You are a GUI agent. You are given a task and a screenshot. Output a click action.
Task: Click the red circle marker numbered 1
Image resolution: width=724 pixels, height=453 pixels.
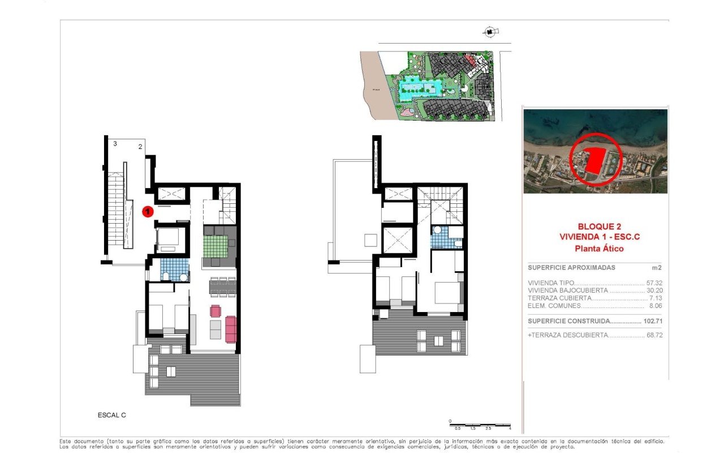[147, 211]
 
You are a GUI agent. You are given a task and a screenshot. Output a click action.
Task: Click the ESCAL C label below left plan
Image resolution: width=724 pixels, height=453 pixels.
[111, 415]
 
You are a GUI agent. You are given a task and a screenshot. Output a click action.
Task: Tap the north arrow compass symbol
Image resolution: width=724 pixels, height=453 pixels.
[488, 32]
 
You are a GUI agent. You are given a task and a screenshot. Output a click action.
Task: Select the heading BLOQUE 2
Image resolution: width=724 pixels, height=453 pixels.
[596, 226]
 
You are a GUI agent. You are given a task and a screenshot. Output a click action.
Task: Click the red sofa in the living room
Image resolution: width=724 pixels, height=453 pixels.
[231, 329]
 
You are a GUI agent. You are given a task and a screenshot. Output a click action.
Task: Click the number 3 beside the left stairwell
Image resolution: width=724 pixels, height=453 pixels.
[115, 144]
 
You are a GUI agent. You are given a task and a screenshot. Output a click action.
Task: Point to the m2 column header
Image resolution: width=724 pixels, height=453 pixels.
[656, 267]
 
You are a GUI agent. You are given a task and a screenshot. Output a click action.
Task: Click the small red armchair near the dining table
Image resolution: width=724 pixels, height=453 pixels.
[216, 310]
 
